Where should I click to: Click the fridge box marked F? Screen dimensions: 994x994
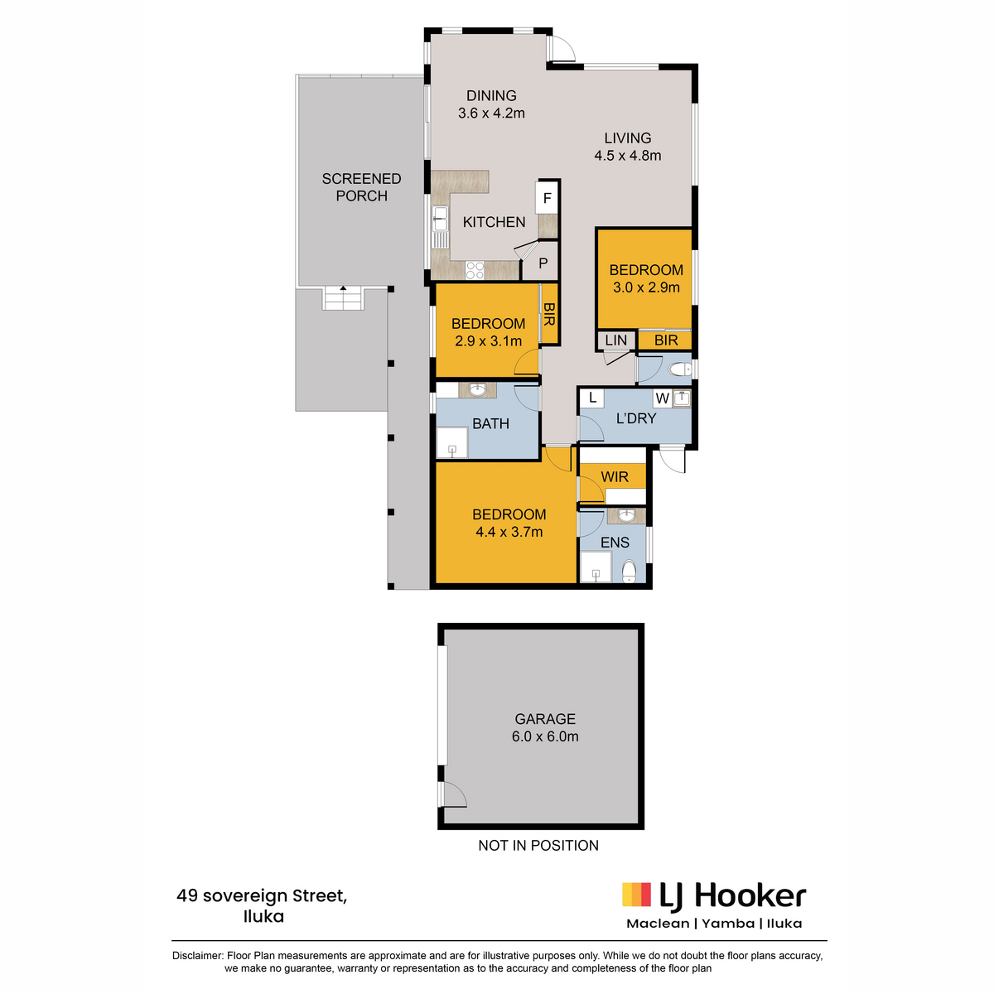[547, 197]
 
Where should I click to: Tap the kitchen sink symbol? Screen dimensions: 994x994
[440, 218]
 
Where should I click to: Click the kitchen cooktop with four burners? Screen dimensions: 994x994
[475, 270]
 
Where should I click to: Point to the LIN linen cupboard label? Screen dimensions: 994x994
[616, 340]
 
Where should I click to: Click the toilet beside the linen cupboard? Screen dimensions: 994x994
[680, 369]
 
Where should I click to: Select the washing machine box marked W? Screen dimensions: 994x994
[663, 398]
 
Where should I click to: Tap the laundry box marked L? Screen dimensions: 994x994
[593, 398]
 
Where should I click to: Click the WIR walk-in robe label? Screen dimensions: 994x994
[615, 476]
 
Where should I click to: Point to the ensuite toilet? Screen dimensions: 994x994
[629, 572]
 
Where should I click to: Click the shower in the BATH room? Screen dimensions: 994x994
[452, 443]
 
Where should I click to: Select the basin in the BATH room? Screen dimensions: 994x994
[477, 389]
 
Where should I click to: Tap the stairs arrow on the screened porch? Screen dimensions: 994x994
[343, 287]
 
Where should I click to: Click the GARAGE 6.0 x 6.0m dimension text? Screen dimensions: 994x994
[545, 736]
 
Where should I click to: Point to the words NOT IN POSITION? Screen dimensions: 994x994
[538, 846]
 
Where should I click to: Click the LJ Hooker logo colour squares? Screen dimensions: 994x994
[636, 894]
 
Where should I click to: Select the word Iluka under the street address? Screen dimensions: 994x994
[263, 916]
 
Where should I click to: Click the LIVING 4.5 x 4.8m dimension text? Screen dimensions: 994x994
[627, 155]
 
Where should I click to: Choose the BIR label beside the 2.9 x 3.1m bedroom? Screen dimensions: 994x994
[548, 314]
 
